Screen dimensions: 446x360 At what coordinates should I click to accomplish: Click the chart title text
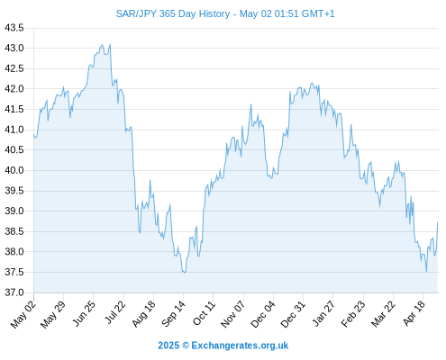(225, 13)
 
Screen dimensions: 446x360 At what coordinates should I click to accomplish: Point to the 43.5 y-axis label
(14, 28)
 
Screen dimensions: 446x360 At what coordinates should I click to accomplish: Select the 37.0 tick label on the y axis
(14, 292)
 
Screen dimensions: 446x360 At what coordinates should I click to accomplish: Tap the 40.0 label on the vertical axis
(14, 170)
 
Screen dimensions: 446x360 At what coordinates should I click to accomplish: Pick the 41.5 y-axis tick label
(14, 109)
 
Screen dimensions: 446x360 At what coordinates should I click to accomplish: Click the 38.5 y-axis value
(14, 231)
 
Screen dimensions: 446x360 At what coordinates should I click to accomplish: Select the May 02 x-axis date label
(23, 314)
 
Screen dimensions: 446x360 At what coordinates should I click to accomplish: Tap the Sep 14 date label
(174, 314)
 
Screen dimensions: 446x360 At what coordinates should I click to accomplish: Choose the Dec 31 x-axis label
(293, 314)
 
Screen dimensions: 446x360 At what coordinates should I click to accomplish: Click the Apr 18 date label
(414, 313)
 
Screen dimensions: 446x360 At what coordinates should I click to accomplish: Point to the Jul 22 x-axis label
(115, 312)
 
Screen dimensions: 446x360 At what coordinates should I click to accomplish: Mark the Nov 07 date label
(232, 314)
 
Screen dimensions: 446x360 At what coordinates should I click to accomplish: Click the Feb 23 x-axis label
(353, 314)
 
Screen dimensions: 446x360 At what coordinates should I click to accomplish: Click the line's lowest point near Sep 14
(184, 273)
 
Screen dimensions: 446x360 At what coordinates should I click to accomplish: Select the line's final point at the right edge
(438, 222)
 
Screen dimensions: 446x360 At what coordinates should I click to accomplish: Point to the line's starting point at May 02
(33, 134)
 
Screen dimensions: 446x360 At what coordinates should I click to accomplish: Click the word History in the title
(214, 13)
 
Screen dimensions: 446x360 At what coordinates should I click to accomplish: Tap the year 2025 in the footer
(168, 346)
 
